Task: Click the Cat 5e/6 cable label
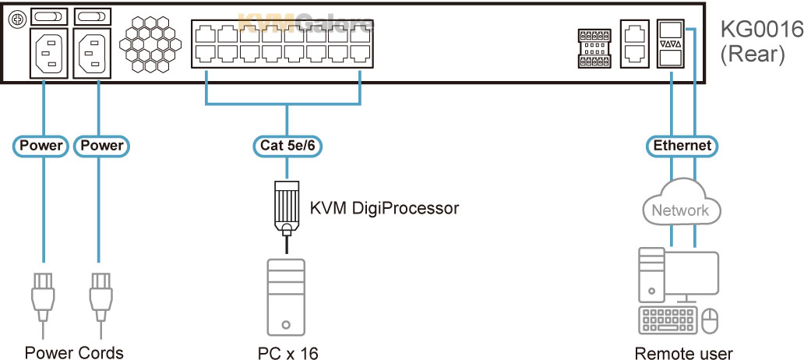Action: pyautogui.click(x=287, y=145)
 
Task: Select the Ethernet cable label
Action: pyautogui.click(x=682, y=146)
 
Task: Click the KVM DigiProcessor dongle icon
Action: pyautogui.click(x=287, y=208)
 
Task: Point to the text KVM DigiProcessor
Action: pyautogui.click(x=384, y=208)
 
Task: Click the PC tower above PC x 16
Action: pyautogui.click(x=286, y=298)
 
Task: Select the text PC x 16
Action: pyautogui.click(x=287, y=353)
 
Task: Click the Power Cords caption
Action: pyautogui.click(x=74, y=353)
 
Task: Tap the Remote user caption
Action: pyautogui.click(x=683, y=353)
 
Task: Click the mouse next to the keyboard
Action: pyautogui.click(x=710, y=320)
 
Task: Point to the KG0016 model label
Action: pyautogui.click(x=761, y=30)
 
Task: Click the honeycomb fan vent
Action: pyautogui.click(x=150, y=44)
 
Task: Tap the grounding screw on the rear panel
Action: pyautogui.click(x=16, y=18)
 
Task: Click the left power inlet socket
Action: pyautogui.click(x=49, y=53)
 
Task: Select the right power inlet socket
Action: pyautogui.click(x=92, y=53)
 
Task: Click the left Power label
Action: pyautogui.click(x=41, y=146)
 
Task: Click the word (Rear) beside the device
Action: pyautogui.click(x=753, y=55)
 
